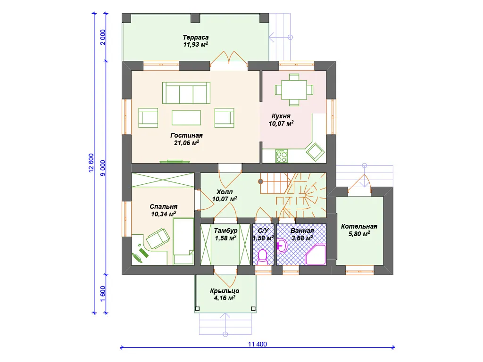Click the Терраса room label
tap(196, 37)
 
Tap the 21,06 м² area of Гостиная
tap(186, 143)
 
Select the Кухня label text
tap(281, 116)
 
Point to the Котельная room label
tap(359, 226)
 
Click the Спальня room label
tap(164, 206)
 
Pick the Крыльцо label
tap(225, 291)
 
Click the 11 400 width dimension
tap(258, 344)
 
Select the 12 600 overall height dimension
tap(91, 163)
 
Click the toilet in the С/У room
tap(262, 257)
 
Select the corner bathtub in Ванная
tap(316, 255)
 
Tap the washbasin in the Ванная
tap(282, 246)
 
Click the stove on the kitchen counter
tap(282, 156)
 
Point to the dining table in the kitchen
tap(294, 90)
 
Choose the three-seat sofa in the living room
tap(186, 93)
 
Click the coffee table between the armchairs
tap(186, 117)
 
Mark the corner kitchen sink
tap(315, 152)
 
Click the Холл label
tap(225, 192)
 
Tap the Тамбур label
tap(226, 230)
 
